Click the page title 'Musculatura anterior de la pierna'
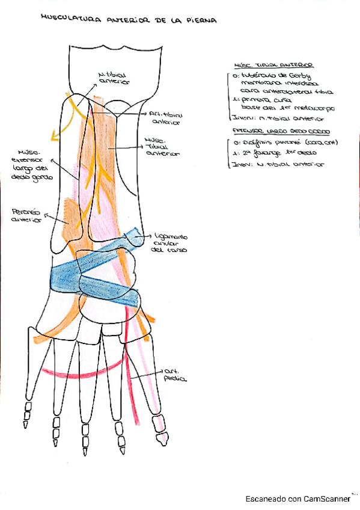click(128, 20)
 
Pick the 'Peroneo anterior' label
click(25, 215)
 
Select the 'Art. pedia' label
click(174, 376)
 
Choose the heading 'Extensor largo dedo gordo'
click(274, 130)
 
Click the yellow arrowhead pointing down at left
click(55, 137)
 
